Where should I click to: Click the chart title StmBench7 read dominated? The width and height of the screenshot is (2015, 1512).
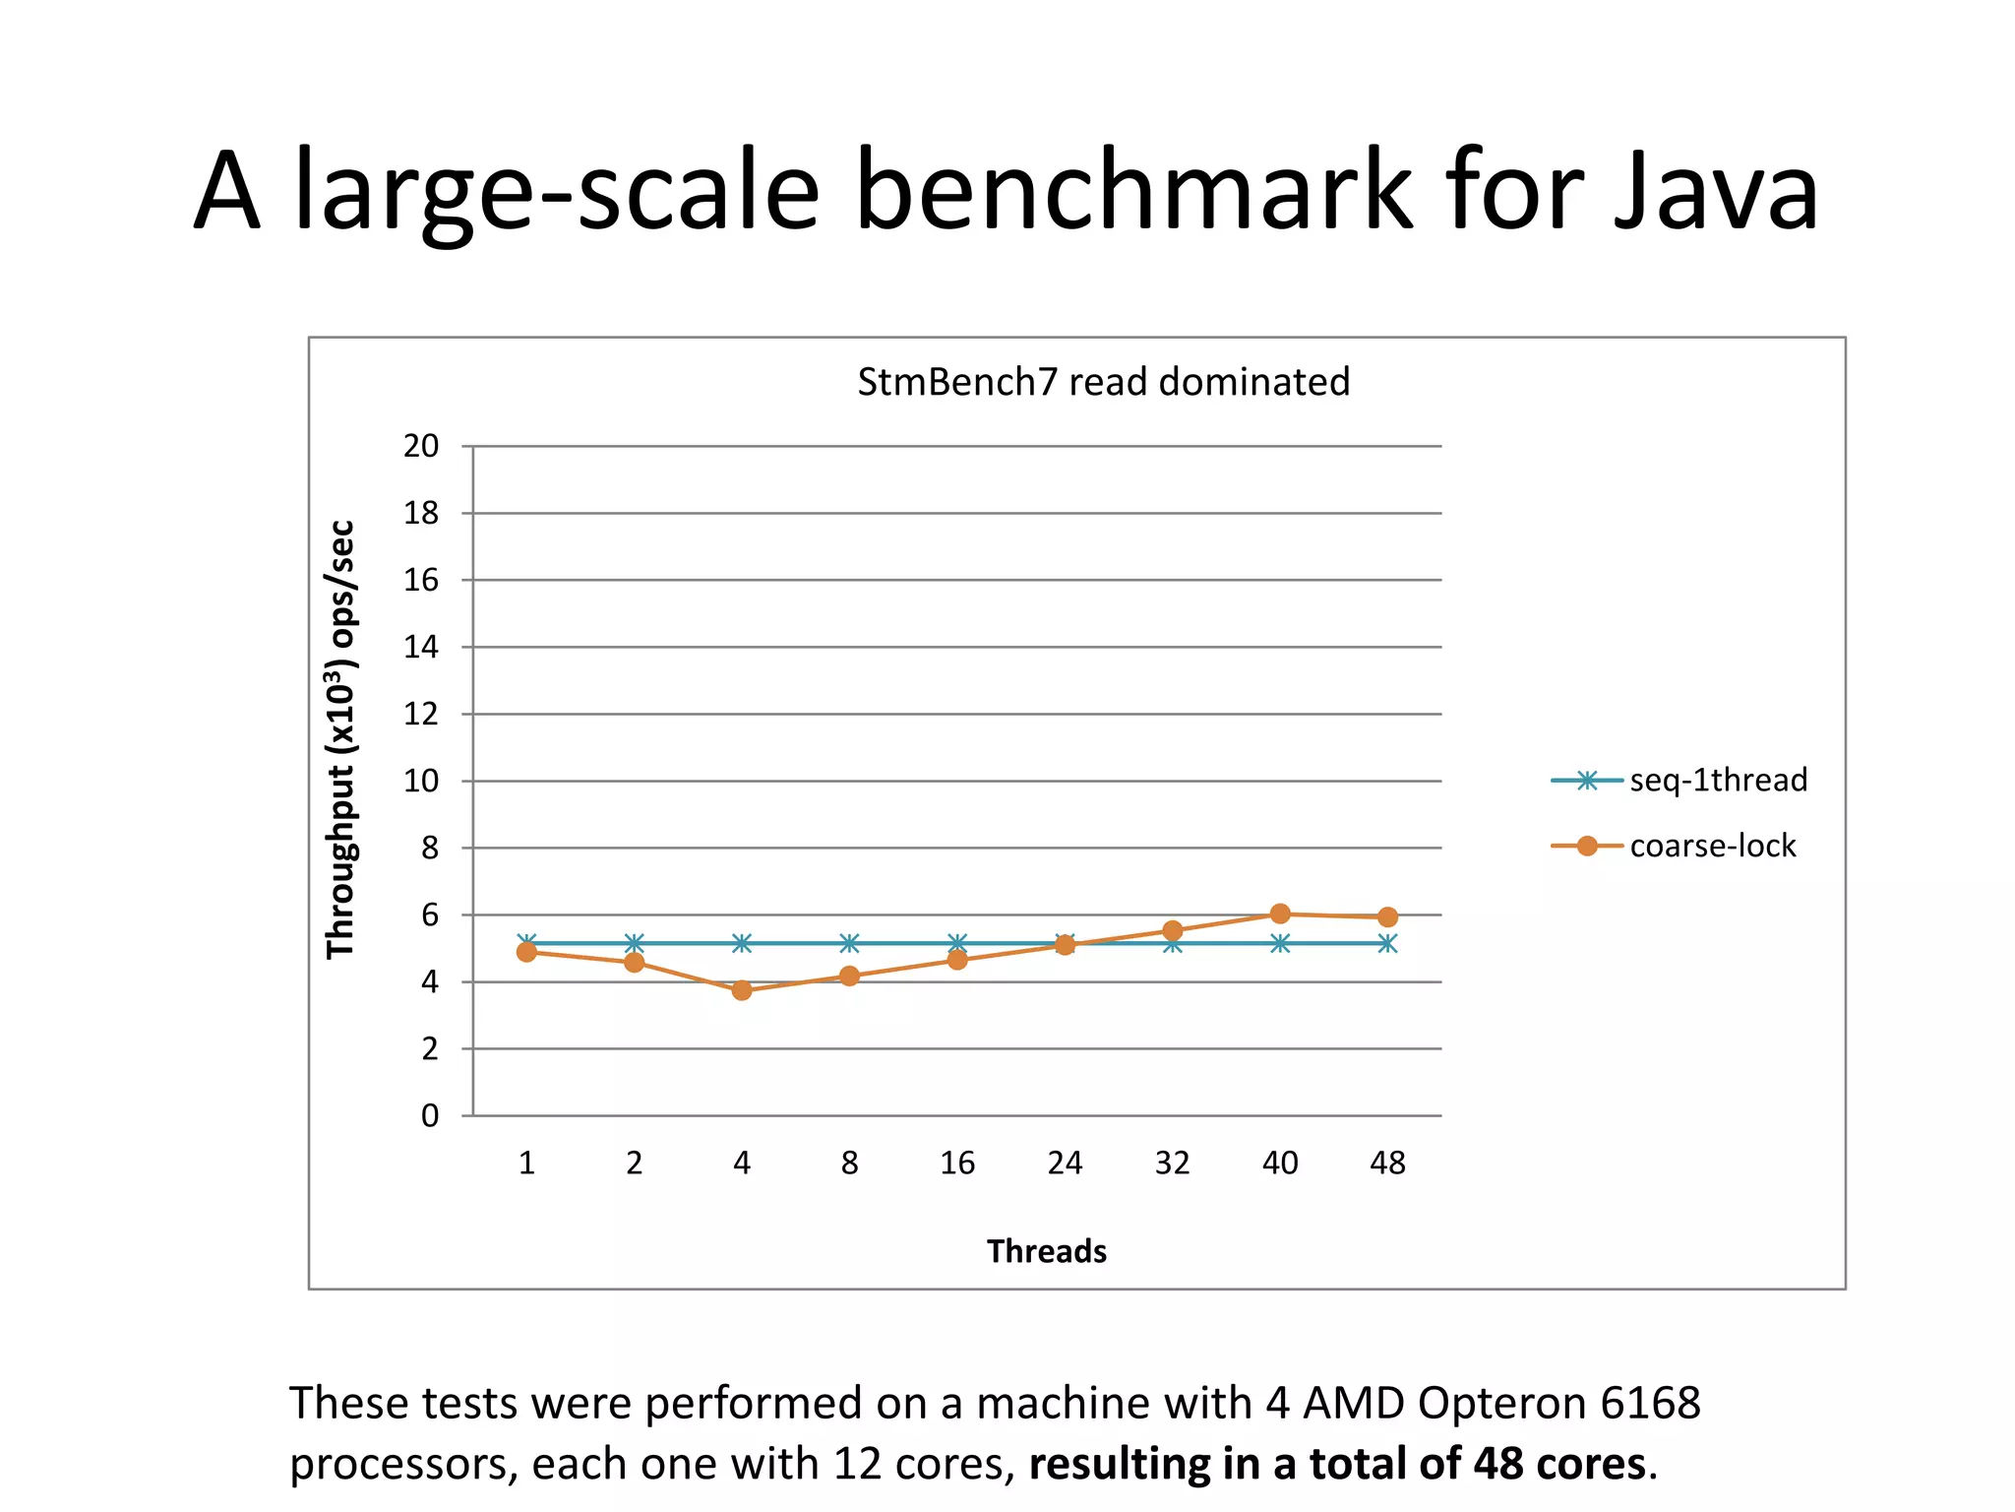[x=1103, y=382]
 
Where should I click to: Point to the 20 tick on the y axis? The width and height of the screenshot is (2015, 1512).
[x=421, y=446]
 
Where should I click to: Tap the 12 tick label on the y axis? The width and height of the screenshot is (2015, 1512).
[x=421, y=714]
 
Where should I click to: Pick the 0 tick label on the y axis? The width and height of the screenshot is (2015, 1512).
[x=430, y=1115]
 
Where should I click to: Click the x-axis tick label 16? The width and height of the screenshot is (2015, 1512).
[x=956, y=1164]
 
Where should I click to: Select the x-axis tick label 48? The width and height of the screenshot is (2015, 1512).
[x=1387, y=1164]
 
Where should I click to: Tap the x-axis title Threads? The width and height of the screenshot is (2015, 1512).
[x=1047, y=1251]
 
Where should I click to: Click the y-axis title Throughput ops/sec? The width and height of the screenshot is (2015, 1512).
[x=340, y=738]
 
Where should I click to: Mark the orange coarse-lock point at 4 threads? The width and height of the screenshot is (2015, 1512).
[x=742, y=990]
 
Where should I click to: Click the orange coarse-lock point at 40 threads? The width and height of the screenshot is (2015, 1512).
[x=1280, y=913]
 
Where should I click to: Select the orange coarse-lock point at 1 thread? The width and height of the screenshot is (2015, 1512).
[x=526, y=952]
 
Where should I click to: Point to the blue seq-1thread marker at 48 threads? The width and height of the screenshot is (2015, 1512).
[x=1387, y=943]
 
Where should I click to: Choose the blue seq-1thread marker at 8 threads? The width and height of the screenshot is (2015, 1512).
[x=849, y=943]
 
